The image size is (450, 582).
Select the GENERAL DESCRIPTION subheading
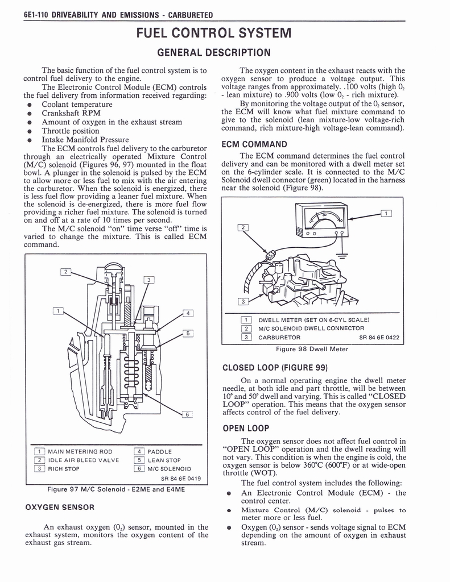click(x=214, y=53)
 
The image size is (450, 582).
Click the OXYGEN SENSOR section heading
click(x=60, y=506)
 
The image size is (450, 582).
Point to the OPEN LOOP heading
click(x=246, y=428)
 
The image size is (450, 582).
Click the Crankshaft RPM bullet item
click(x=71, y=113)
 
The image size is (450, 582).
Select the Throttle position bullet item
click(x=71, y=131)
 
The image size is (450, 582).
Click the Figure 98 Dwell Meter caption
click(x=311, y=349)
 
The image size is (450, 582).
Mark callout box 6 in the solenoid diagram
click(x=186, y=414)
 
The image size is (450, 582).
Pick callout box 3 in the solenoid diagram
click(x=148, y=280)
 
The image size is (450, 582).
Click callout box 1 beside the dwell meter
click(x=386, y=214)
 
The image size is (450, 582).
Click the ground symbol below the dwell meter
click(x=341, y=255)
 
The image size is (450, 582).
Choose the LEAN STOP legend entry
click(x=164, y=460)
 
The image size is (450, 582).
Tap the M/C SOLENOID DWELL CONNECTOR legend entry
click(x=311, y=329)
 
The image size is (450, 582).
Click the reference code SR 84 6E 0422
click(x=379, y=338)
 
